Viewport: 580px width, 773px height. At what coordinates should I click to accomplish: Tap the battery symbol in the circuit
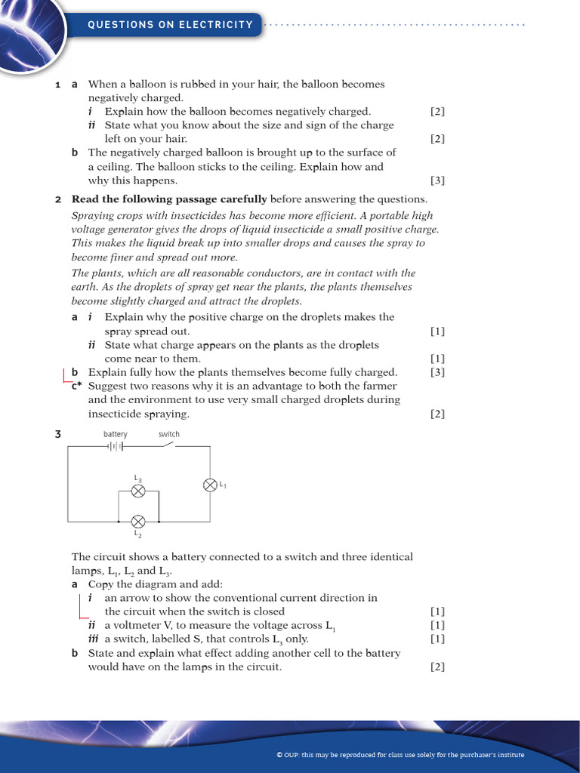[115, 446]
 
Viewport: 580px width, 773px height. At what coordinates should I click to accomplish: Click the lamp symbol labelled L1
[211, 485]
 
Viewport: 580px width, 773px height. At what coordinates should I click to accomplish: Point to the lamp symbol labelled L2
[138, 522]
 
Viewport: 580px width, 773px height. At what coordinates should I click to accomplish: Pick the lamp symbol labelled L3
[138, 491]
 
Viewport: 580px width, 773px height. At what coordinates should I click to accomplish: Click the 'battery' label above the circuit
[116, 434]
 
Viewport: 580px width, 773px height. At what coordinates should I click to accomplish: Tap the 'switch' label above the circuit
[169, 434]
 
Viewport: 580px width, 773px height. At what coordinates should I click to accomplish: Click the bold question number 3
[57, 434]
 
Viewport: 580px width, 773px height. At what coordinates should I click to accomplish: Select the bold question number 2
[58, 199]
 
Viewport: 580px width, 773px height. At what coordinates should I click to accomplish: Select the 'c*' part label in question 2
[76, 386]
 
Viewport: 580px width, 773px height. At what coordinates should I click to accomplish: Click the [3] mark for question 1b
[437, 180]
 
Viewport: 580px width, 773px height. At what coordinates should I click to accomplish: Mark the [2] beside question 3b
[437, 667]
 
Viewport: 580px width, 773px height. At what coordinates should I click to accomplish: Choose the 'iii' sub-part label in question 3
[94, 639]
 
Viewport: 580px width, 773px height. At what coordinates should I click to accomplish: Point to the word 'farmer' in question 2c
[380, 386]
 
